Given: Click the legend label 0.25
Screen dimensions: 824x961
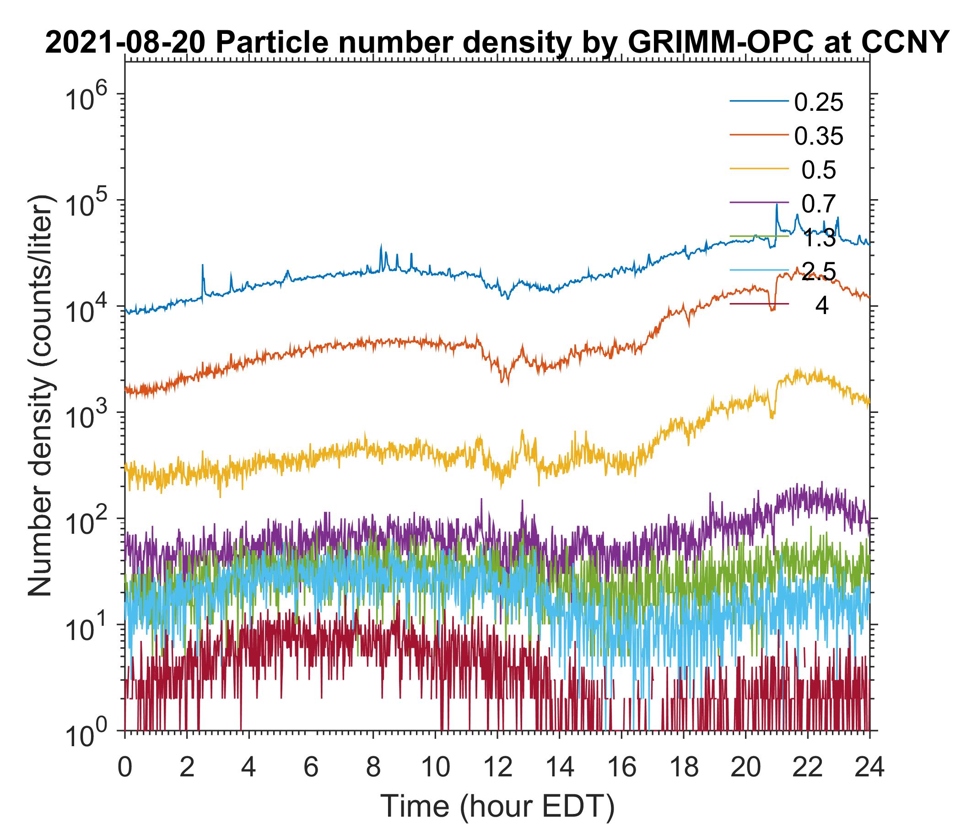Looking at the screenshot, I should [x=818, y=103].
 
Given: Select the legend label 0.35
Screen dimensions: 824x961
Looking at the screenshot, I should [x=818, y=136].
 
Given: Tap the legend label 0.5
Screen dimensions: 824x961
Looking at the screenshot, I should [x=819, y=170].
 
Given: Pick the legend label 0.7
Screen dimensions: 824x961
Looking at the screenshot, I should [x=819, y=204].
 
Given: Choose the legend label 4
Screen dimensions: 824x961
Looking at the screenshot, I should [x=821, y=306].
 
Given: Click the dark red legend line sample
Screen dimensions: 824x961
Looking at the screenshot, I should [x=759, y=304].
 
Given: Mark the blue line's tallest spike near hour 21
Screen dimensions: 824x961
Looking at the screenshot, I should [x=777, y=206].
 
